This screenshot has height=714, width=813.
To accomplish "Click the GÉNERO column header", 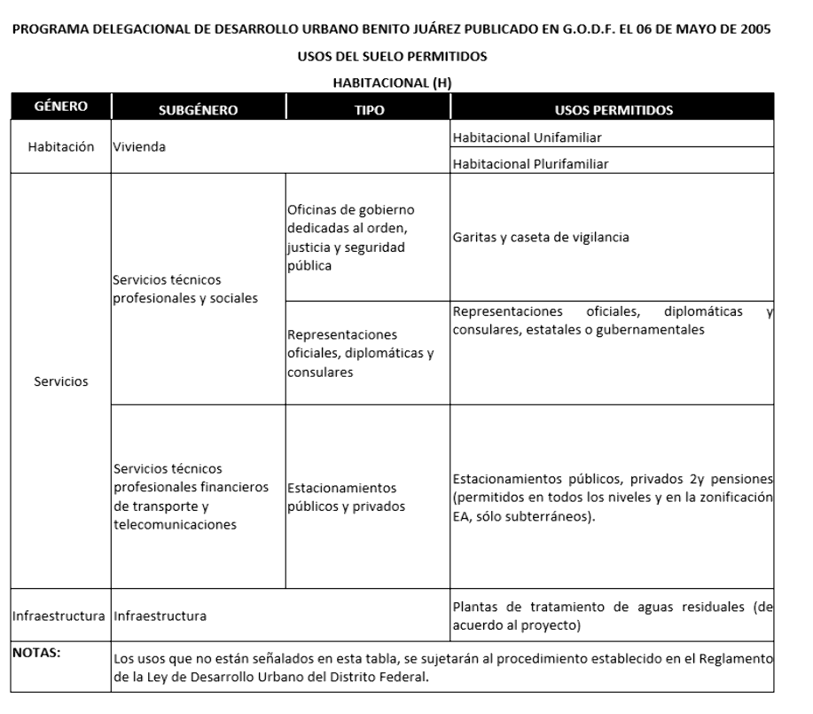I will click(59, 107).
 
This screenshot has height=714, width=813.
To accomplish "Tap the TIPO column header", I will click(368, 110).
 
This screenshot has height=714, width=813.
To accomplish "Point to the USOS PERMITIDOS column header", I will click(613, 110).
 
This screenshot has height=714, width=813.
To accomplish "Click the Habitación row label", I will click(59, 148).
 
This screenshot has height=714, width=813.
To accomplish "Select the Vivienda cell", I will click(140, 149).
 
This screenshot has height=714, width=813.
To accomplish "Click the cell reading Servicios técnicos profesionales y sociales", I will click(186, 289).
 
